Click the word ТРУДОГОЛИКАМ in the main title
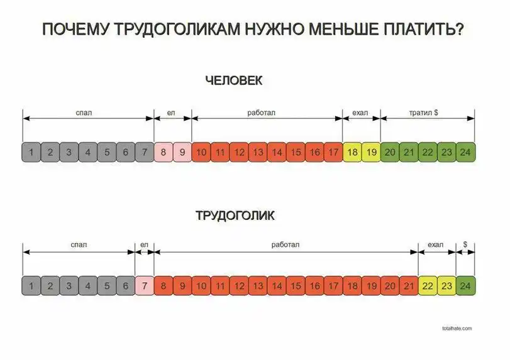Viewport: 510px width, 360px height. point(177,29)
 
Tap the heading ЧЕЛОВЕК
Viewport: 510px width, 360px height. point(234,80)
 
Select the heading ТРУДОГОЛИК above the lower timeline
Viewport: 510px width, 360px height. point(235,215)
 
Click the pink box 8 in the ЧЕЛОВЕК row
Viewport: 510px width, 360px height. point(164,152)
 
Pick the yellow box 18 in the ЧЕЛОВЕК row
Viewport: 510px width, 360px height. point(352,152)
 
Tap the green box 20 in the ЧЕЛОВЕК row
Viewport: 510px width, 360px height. point(390,152)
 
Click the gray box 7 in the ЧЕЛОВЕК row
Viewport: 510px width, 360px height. point(145,152)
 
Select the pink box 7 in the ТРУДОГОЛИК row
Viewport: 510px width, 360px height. point(145,286)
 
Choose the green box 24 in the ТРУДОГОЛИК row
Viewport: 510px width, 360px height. point(465,286)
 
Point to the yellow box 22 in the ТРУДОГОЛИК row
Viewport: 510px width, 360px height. point(428,286)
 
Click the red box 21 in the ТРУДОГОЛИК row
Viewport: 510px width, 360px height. point(409,286)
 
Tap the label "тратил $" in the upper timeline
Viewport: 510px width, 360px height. point(423,112)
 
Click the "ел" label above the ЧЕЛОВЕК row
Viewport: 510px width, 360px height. point(171,112)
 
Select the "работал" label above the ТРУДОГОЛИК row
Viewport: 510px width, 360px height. point(285,244)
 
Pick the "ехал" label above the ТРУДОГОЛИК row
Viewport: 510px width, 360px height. point(436,244)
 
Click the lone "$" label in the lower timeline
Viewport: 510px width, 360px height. point(465,244)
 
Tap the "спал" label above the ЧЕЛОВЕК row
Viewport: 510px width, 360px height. point(84,112)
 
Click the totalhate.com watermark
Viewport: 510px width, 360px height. point(457,329)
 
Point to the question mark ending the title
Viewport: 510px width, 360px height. point(459,29)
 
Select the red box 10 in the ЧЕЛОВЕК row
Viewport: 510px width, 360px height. point(201,152)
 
